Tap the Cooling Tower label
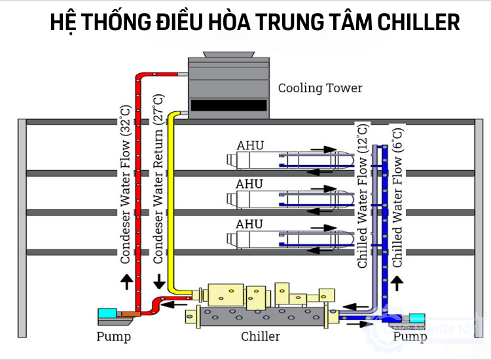(x=320, y=88)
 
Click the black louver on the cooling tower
(x=228, y=105)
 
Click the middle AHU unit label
(x=249, y=185)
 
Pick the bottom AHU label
(x=249, y=224)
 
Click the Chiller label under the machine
(x=260, y=336)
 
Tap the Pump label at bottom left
(x=113, y=337)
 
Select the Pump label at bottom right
(x=410, y=336)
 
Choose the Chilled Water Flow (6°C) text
(x=397, y=196)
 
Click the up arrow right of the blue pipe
(x=397, y=284)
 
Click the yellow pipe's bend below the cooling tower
(x=173, y=117)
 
